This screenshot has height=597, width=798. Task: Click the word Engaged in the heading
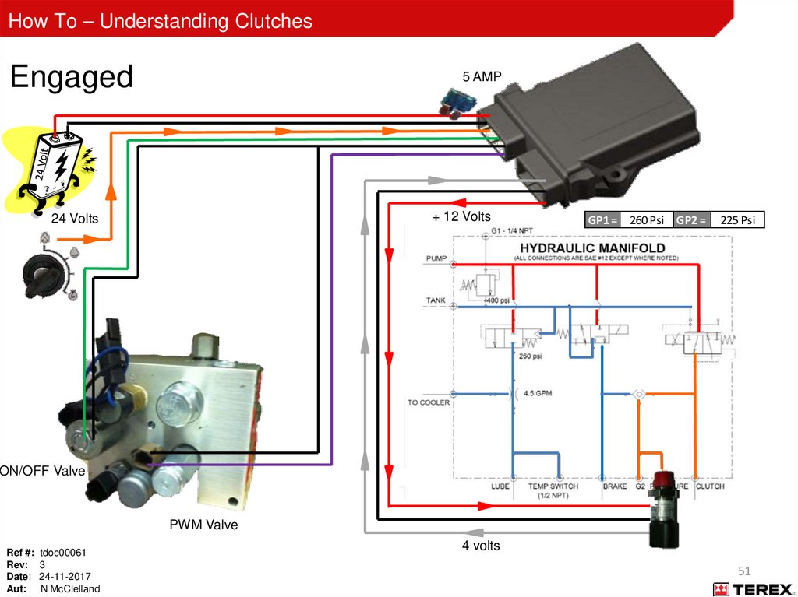(x=71, y=78)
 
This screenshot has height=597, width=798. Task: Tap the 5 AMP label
(x=482, y=76)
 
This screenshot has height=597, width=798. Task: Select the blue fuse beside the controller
(x=453, y=100)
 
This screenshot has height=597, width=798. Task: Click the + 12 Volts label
(x=461, y=216)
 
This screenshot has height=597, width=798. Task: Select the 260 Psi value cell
(x=646, y=220)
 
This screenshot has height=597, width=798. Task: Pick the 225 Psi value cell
(x=737, y=220)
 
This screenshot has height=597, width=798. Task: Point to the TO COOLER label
(x=429, y=403)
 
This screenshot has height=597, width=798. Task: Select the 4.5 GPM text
(x=538, y=393)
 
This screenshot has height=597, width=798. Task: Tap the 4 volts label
(x=481, y=546)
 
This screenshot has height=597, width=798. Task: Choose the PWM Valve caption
(x=203, y=525)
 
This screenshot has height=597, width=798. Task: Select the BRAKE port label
(x=614, y=486)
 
